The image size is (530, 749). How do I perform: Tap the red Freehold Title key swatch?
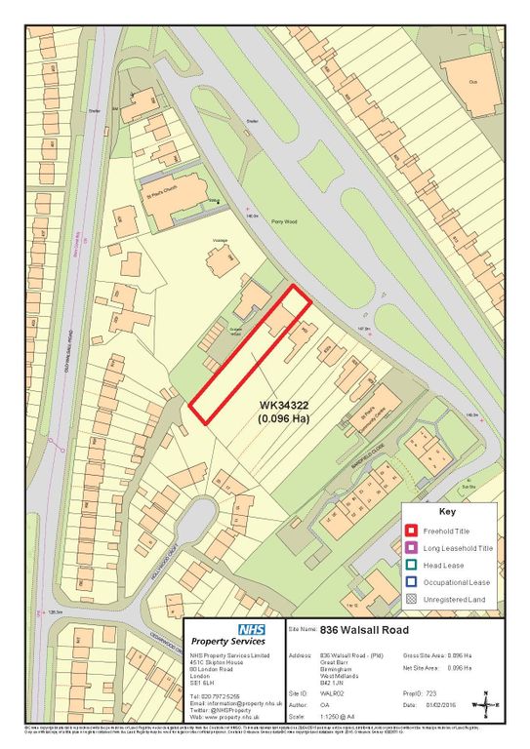(x=414, y=531)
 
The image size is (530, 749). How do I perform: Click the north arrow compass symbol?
(x=485, y=703)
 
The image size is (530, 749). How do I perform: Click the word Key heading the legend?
(x=446, y=511)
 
